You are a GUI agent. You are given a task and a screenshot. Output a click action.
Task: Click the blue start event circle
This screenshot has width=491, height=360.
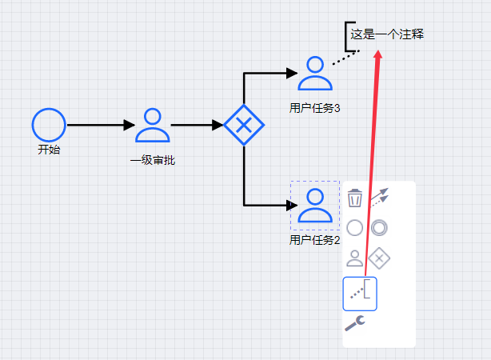coord(49,125)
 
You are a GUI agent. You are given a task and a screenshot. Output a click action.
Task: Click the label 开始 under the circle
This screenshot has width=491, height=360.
coord(49,150)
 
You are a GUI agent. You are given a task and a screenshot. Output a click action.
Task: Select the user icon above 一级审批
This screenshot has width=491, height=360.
coord(153,125)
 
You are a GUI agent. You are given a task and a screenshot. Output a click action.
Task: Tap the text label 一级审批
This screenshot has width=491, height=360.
coord(153,160)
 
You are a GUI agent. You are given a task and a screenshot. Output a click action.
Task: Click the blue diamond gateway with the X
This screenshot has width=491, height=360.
coord(243,125)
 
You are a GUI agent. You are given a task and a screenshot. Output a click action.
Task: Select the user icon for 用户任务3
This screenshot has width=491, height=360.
coord(315,74)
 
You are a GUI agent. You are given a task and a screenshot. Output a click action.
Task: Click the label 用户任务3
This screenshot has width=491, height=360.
coord(315,108)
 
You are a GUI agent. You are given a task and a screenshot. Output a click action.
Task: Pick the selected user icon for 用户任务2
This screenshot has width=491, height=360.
coord(315,205)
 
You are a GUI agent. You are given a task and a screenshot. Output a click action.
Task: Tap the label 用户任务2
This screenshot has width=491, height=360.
coord(315,239)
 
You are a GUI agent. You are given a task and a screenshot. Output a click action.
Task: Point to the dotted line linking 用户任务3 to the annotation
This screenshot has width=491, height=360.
coord(345,58)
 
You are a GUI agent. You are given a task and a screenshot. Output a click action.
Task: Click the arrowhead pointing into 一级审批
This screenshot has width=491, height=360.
coord(130,125)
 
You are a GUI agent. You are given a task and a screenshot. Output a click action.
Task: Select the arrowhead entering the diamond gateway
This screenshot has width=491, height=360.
coord(218,125)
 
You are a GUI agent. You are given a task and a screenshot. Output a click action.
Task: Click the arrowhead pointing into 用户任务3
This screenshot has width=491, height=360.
coord(291,74)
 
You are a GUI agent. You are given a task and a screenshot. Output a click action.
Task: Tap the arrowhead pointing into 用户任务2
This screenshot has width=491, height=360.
coord(291,205)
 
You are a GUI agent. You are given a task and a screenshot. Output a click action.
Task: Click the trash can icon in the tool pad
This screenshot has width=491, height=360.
coord(355,198)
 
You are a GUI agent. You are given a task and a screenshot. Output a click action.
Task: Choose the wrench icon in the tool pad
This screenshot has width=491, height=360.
coord(355,323)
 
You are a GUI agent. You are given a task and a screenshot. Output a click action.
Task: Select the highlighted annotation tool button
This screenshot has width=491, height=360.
coord(360,293)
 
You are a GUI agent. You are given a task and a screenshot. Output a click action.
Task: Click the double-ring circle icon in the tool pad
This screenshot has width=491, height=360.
coord(380,228)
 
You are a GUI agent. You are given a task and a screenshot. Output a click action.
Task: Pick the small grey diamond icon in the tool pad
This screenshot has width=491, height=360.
coord(380,258)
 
